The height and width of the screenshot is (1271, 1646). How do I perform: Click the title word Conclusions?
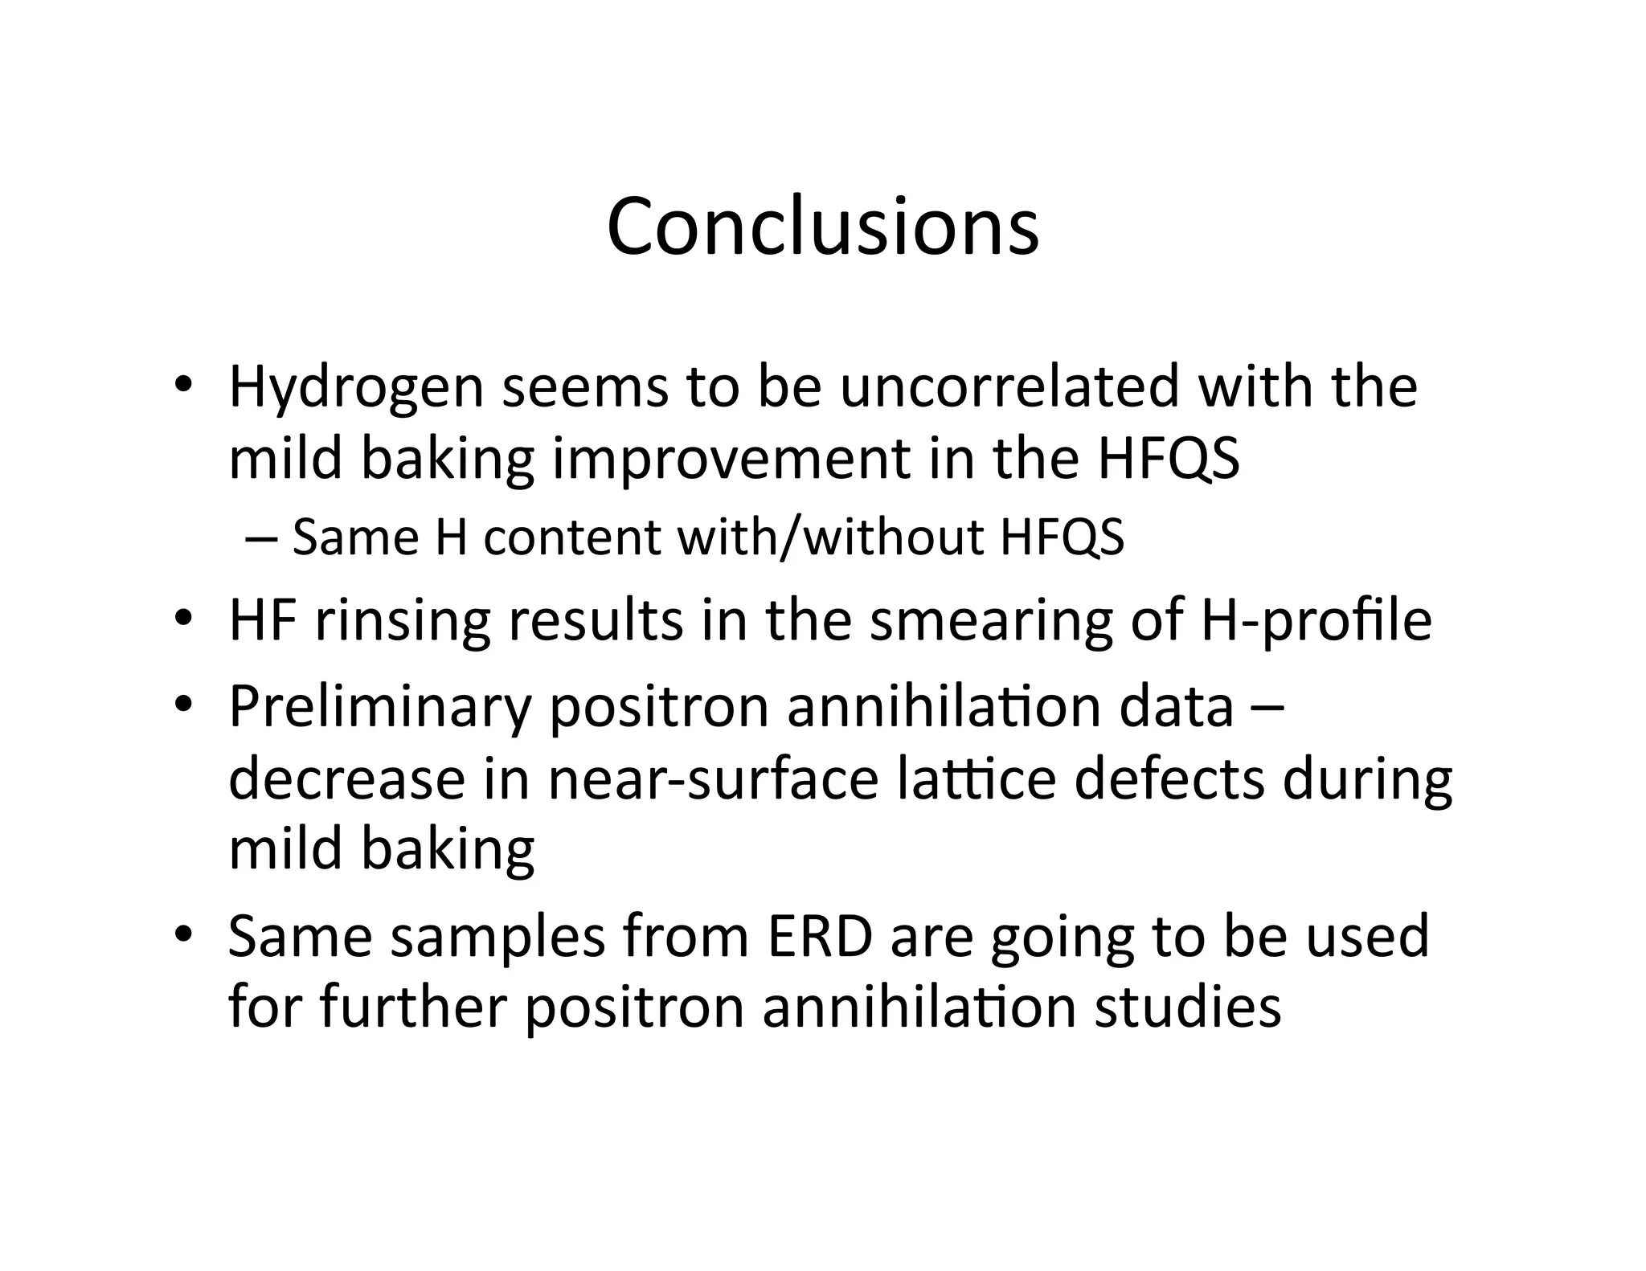pos(822,227)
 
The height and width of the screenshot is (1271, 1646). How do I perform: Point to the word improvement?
pos(731,460)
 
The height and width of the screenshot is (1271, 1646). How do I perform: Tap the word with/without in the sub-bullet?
pos(830,537)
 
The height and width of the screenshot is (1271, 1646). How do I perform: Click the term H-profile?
pos(1316,622)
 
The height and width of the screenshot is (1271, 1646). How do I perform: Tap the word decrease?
pos(346,779)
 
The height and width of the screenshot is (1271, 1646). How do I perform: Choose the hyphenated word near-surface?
pos(713,779)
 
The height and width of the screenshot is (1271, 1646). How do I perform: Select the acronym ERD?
pos(820,937)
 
